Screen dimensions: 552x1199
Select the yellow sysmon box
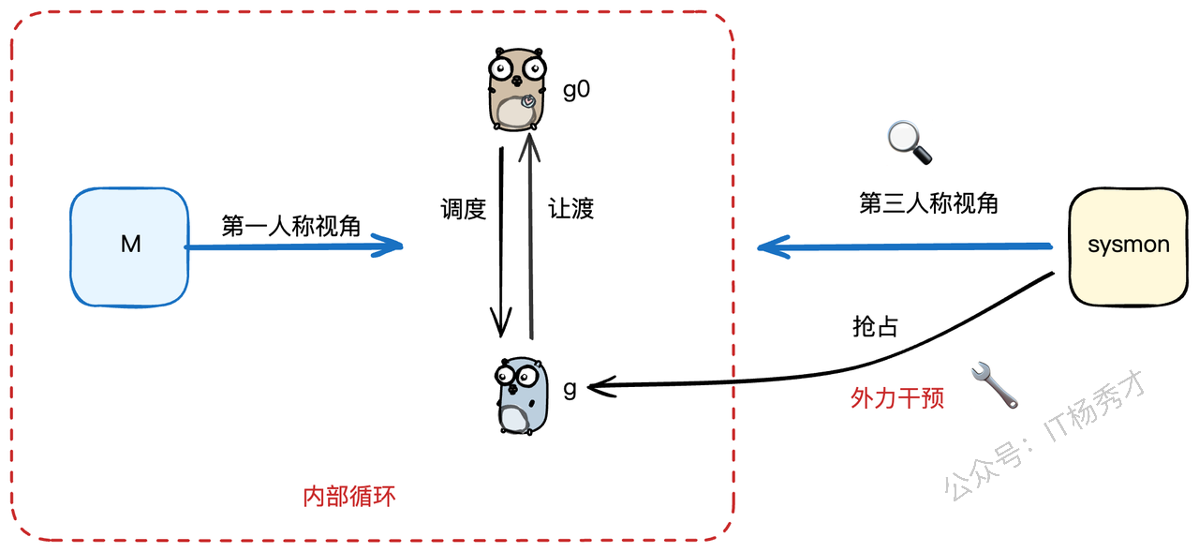pyautogui.click(x=1128, y=246)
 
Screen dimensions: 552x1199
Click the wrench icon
pyautogui.click(x=996, y=384)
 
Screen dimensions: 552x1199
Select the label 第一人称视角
pyautogui.click(x=291, y=226)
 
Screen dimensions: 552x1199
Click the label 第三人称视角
pyautogui.click(x=928, y=203)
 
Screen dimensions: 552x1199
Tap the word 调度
pyautogui.click(x=464, y=208)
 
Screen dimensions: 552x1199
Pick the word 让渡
pyautogui.click(x=571, y=208)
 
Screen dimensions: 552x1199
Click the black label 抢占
pyautogui.click(x=876, y=326)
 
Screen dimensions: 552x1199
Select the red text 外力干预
pyautogui.click(x=897, y=398)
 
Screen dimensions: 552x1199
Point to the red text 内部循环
pyautogui.click(x=349, y=496)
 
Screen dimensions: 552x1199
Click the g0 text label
pyautogui.click(x=576, y=91)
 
